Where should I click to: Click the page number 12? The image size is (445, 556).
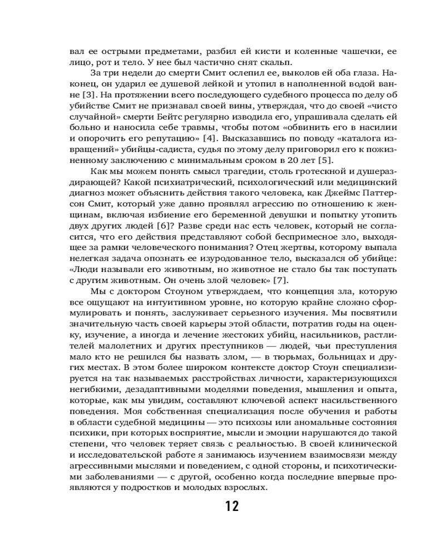232,507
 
